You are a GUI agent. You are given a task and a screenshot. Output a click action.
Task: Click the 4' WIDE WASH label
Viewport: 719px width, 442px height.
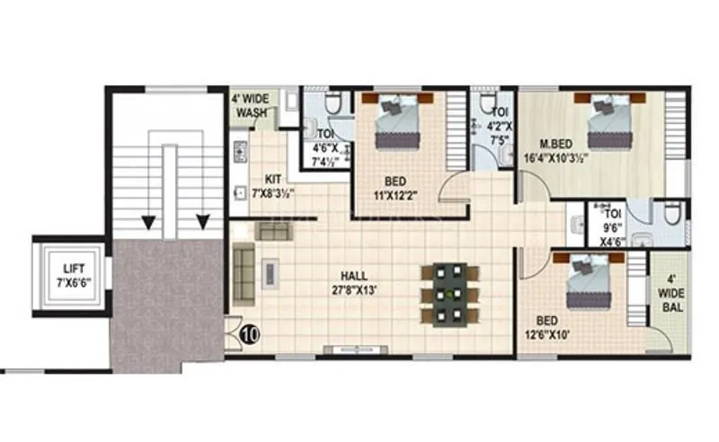[x=252, y=107]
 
